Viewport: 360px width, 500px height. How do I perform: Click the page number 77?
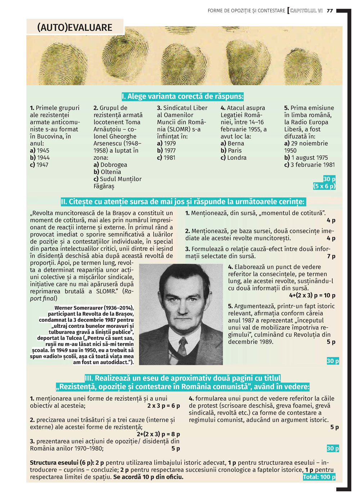(330, 11)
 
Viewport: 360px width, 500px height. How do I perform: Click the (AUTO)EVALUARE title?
(75, 27)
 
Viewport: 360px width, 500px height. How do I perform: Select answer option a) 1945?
(40, 150)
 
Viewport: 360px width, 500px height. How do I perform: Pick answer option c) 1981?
(166, 158)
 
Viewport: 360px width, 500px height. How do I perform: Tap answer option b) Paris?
(231, 150)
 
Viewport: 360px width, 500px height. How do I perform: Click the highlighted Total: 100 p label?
(319, 477)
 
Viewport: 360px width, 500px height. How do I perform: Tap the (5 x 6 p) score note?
(324, 186)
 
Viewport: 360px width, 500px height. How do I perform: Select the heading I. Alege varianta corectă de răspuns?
(183, 96)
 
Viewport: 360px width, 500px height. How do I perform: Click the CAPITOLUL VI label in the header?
(306, 11)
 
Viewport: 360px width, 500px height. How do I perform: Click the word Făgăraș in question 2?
(104, 186)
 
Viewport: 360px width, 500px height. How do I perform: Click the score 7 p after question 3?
(331, 256)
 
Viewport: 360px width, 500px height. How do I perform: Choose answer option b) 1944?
(40, 158)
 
